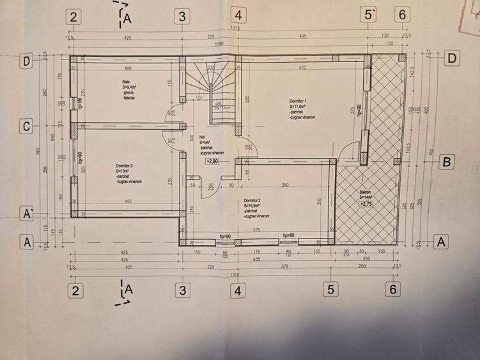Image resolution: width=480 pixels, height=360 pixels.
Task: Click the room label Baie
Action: coord(125,82)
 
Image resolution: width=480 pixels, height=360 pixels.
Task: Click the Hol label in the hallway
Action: coord(202,136)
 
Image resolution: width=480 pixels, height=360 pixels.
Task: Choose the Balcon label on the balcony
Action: coord(366,191)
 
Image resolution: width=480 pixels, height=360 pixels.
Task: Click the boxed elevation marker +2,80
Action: coord(212,162)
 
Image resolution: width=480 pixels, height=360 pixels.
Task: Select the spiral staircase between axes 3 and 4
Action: coord(210,89)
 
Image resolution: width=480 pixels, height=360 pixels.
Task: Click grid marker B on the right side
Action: coord(447,162)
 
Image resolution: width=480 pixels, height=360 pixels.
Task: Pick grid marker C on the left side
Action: coord(26,127)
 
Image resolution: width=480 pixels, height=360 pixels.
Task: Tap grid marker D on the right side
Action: coord(451,58)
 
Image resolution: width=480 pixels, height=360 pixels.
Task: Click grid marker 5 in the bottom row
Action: coord(330,290)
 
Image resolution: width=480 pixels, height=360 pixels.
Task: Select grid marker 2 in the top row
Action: coord(74,17)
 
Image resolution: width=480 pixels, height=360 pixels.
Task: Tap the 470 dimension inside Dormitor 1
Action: coord(302,68)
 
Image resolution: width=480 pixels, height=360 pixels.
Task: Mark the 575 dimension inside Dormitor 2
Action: coord(256,229)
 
